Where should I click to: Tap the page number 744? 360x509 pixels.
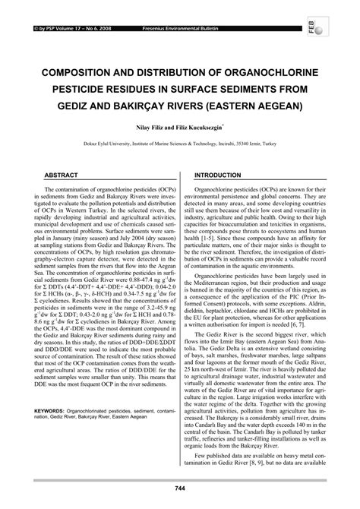tap(180, 487)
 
